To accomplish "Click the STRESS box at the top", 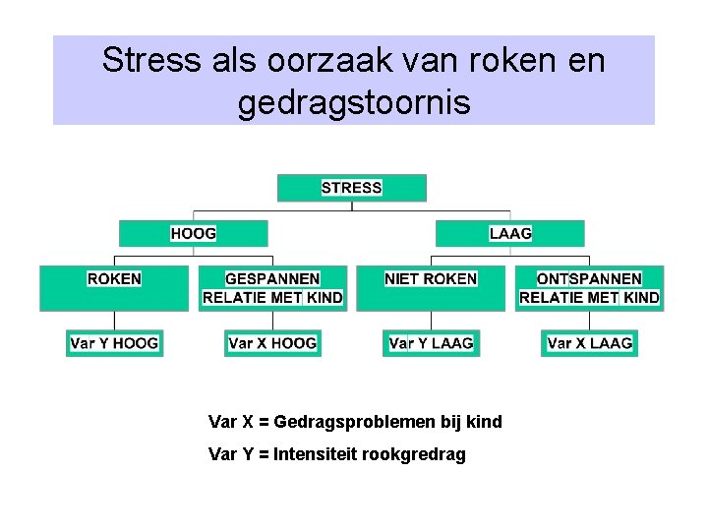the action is tap(351, 188).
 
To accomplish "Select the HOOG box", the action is tap(193, 233).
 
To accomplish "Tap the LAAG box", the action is tap(509, 233).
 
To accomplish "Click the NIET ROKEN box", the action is tap(431, 288).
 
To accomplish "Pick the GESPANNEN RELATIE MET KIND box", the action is tap(272, 288).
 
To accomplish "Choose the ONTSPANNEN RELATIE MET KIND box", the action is tap(589, 288).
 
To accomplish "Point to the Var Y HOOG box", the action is tap(114, 343).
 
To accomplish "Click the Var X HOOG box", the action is tap(272, 343).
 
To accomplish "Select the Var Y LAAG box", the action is tap(431, 343).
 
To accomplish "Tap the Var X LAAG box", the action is tap(589, 343).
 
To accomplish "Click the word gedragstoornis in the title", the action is tap(354, 101).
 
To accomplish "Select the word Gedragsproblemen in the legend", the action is tap(361, 422).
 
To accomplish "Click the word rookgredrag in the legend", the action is tap(418, 454).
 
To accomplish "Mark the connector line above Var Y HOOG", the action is tap(114, 321).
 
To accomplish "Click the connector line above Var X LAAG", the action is tap(589, 321).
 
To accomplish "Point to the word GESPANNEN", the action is tap(272, 279).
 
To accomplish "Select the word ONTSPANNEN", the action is tap(589, 279).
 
